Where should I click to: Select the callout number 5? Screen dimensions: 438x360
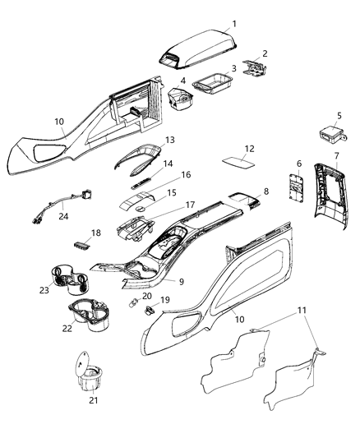pyautogui.click(x=339, y=117)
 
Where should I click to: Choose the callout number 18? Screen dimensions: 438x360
pyautogui.click(x=96, y=233)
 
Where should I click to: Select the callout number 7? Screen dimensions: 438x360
pyautogui.click(x=336, y=156)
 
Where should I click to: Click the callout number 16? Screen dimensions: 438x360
pyautogui.click(x=186, y=175)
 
